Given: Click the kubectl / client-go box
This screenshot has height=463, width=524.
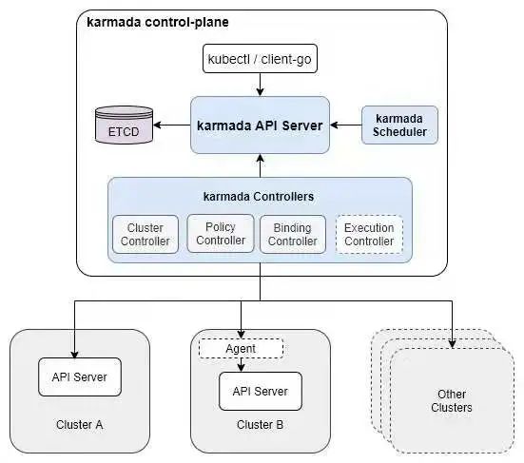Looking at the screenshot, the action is coord(260,59).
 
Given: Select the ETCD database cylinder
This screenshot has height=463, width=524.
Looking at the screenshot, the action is coord(124,125).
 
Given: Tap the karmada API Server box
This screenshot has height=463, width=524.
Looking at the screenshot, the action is coord(260,125).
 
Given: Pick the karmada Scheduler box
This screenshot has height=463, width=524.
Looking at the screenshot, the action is coord(399,125).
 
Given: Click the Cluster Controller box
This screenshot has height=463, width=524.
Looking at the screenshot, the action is coord(146,234).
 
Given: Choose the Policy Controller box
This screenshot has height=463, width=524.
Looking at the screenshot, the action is coord(221,234).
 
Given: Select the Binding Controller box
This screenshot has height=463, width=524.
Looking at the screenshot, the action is coord(293,234).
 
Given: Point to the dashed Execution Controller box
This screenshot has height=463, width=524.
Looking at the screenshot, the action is coord(369,234).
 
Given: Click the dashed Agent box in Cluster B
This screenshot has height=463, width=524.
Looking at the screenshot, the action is coord(241,349).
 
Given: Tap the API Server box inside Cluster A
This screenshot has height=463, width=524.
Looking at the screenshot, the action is coord(80,377).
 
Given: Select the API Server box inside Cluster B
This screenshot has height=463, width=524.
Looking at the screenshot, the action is coord(261,391).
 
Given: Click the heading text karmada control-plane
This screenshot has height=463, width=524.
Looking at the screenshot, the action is coord(158,23).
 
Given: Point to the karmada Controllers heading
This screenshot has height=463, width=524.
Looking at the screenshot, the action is coord(259,197).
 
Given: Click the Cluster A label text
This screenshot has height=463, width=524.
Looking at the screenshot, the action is coord(80,425).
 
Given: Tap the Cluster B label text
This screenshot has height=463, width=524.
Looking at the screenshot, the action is coord(260,425).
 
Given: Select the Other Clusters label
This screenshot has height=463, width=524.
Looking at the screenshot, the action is coord(452,401).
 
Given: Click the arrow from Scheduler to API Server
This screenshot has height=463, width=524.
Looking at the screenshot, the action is coord(346,125).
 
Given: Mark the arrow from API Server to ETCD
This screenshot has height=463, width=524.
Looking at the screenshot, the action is coord(172,125).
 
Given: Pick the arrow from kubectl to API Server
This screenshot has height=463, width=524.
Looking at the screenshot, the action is coord(260,85).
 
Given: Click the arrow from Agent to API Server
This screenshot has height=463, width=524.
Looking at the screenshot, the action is coord(241,365).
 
